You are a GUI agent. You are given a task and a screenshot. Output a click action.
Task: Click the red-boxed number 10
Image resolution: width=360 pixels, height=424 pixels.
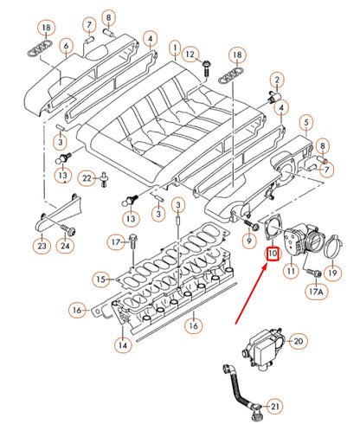[x=272, y=254]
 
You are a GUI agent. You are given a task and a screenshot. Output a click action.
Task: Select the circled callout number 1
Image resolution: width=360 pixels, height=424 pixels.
[x=174, y=48]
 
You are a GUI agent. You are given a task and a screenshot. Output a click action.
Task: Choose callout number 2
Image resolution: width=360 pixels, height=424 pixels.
[x=276, y=81]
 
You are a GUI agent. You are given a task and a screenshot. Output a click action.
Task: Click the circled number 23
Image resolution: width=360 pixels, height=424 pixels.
[x=42, y=246]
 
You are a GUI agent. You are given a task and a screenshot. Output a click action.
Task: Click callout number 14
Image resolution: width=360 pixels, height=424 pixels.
[x=123, y=344]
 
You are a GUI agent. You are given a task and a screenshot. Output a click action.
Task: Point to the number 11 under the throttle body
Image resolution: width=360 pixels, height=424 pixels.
[x=292, y=271]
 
